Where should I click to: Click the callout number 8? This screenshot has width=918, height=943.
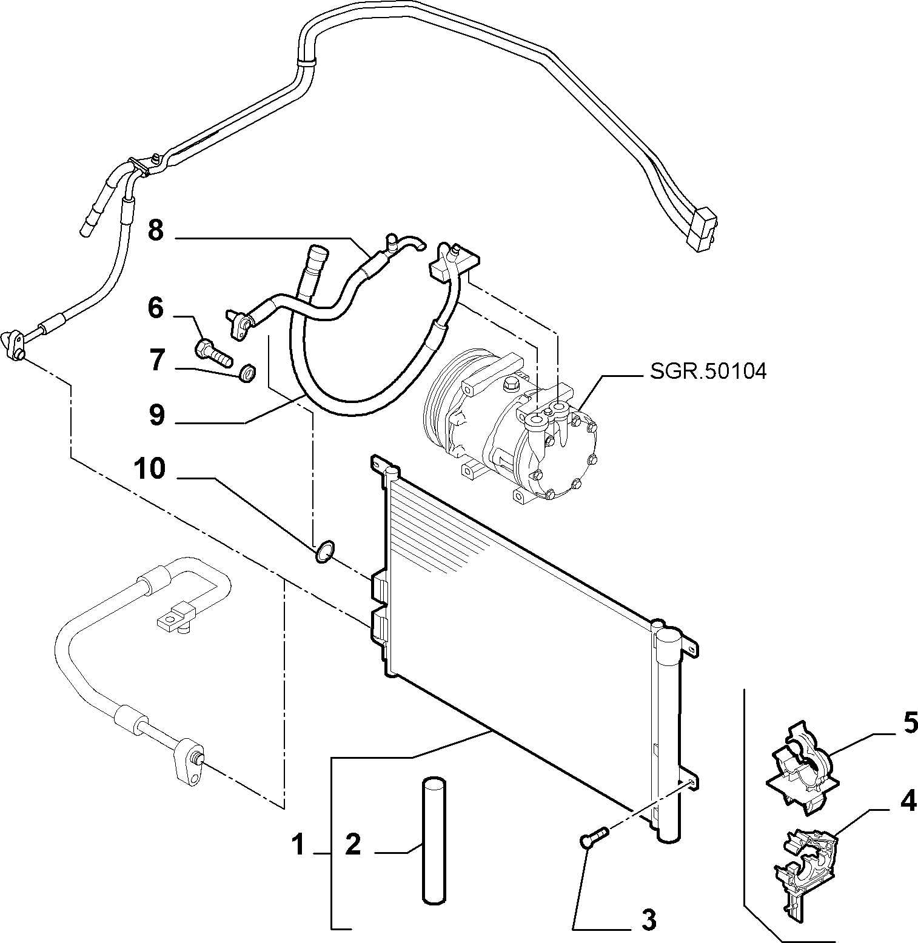pos(156,231)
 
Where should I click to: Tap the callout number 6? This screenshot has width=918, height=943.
pos(156,308)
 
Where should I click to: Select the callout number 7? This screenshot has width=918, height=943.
pos(156,361)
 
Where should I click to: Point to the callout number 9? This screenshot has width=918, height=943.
pos(156,415)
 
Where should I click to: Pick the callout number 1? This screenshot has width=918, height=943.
pos(298,845)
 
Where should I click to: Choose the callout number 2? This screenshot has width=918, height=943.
pos(353,844)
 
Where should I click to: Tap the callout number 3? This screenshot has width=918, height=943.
pos(648,921)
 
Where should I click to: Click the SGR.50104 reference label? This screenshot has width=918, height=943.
pos(708,371)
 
